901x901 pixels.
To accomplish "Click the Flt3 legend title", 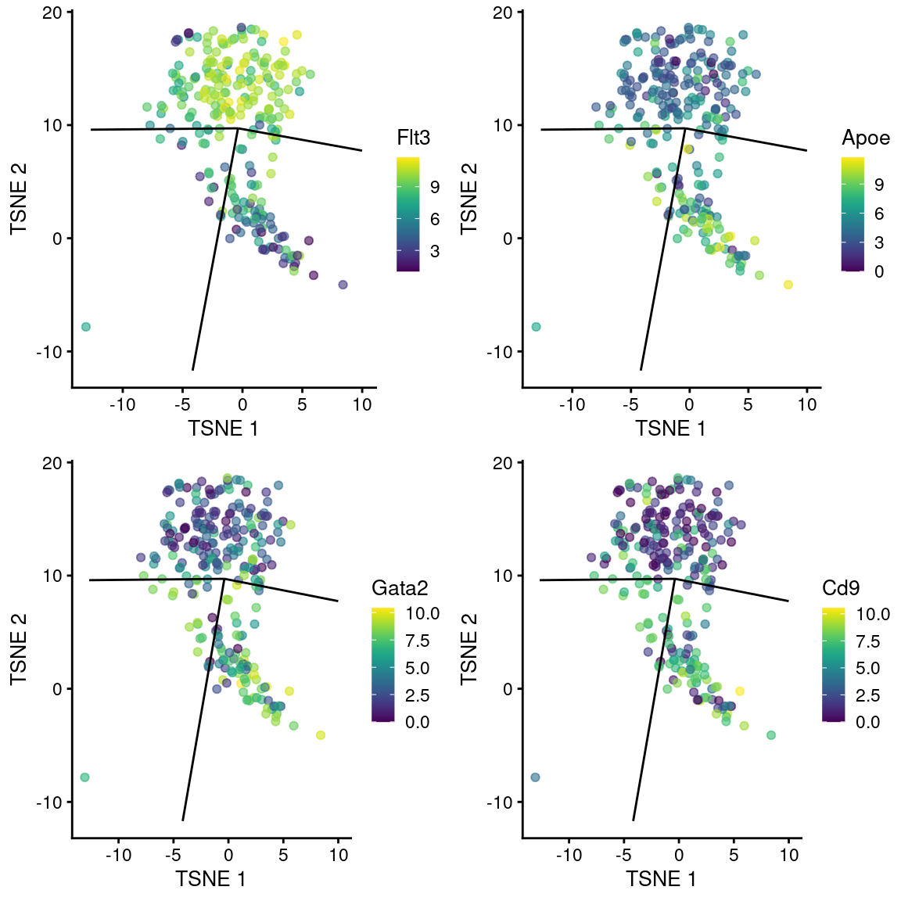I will pos(413,138).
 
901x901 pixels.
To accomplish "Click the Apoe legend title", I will pos(865,138).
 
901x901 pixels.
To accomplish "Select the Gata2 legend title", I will pos(399,588).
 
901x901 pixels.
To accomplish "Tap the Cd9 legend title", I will pos(841,588).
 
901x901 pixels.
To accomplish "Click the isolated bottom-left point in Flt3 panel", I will pos(86,326).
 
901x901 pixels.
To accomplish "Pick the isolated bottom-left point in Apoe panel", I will pos(536,326).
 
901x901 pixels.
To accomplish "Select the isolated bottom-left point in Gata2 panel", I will pos(84,777).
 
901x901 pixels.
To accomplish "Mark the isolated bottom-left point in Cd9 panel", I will pos(535,777).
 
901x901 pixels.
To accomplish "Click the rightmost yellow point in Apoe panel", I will pos(788,285).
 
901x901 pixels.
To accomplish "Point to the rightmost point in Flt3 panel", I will pos(343,285).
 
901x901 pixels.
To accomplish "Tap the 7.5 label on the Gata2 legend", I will pos(418,641).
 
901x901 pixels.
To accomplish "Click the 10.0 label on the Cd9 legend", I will pos(873,614).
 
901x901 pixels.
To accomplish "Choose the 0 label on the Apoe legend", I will pos(879,271).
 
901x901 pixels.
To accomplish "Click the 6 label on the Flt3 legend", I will pos(435,219).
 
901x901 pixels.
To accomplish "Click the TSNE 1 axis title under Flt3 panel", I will pos(223,428).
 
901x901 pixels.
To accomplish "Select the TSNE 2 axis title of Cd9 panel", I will pos(468,648).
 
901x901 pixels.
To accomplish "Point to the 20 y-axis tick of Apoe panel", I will pos(502,13).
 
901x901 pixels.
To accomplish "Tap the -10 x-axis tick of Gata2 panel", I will pos(118,855).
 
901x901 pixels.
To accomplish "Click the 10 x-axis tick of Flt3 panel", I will pos(362,404).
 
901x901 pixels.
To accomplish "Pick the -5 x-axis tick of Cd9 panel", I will pos(623,855).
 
